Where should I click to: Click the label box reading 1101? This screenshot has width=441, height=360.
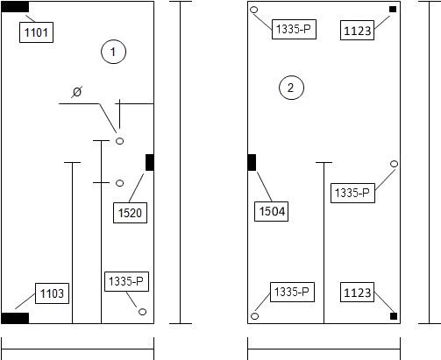[36, 32]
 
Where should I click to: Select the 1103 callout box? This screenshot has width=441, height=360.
[52, 293]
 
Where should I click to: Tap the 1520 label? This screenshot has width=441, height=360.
[130, 213]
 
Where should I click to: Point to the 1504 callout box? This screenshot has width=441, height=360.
[271, 211]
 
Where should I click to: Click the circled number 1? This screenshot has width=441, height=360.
[113, 52]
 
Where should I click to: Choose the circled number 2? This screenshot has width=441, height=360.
[291, 88]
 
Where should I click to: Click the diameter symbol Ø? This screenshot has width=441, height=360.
[77, 92]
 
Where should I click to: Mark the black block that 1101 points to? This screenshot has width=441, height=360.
[15, 7]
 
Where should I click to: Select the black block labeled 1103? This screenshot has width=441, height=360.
[15, 318]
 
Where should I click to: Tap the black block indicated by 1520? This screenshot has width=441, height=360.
[150, 162]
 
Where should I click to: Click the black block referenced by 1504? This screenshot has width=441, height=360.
[252, 162]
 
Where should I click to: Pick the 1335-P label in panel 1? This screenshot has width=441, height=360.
[126, 282]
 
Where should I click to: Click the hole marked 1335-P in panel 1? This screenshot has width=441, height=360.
[142, 312]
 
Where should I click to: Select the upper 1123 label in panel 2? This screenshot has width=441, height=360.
[357, 30]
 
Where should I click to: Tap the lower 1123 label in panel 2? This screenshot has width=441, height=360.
[357, 292]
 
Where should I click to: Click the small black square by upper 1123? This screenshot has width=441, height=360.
[393, 10]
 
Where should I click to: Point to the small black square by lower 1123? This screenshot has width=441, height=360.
[394, 316]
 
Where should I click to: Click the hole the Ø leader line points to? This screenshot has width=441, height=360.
[119, 141]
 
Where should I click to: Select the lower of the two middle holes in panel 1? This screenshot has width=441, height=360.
[119, 183]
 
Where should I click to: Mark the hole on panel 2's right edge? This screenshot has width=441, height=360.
[394, 164]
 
